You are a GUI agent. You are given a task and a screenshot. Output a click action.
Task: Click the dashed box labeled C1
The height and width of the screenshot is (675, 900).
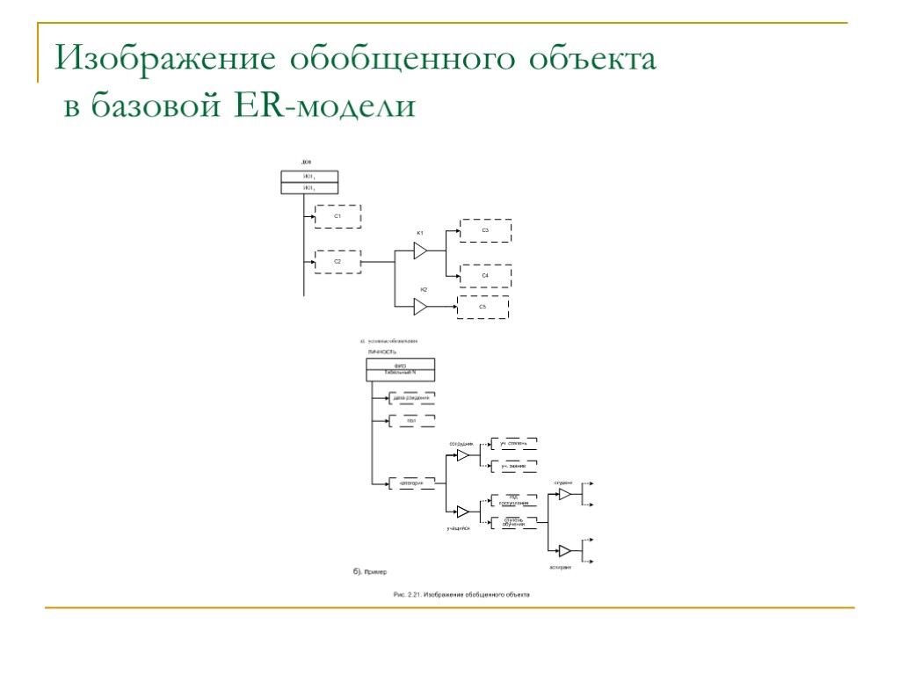coord(338,215)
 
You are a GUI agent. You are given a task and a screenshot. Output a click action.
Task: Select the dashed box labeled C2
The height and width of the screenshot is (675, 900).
coord(338,262)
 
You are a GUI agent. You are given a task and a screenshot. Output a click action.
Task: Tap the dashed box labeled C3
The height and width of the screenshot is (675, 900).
coord(485,230)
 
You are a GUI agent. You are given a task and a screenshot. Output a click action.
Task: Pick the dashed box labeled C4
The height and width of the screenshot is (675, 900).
coord(485,276)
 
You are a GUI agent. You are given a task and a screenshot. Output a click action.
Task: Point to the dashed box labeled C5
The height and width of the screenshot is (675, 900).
coord(483,307)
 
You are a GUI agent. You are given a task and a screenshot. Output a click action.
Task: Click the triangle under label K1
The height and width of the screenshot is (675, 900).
coord(420,251)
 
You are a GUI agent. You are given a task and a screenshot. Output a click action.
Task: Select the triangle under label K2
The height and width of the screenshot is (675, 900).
coord(420,307)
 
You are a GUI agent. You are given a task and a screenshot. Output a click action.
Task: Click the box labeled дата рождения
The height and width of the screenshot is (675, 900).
coord(411,398)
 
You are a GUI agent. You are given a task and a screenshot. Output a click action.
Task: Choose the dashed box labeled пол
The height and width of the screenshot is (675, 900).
coord(411,421)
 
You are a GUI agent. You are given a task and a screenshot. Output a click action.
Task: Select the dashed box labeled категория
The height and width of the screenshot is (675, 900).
coord(411,483)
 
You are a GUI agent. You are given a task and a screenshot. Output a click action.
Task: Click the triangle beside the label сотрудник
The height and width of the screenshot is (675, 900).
coord(462,455)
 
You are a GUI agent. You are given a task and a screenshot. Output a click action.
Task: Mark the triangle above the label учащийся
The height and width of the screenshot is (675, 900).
coord(462,512)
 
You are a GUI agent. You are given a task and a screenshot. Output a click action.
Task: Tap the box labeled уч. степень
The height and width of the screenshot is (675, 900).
coord(513,443)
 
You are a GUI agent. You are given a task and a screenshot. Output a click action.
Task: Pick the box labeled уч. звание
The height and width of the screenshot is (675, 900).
coord(513,465)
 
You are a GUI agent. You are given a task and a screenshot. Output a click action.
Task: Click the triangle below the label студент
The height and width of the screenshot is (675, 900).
coord(565,495)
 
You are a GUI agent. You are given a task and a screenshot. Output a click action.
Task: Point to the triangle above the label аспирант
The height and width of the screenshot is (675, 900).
coord(565,551)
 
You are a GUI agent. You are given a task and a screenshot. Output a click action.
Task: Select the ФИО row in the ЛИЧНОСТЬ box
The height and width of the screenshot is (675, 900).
coord(401,365)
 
